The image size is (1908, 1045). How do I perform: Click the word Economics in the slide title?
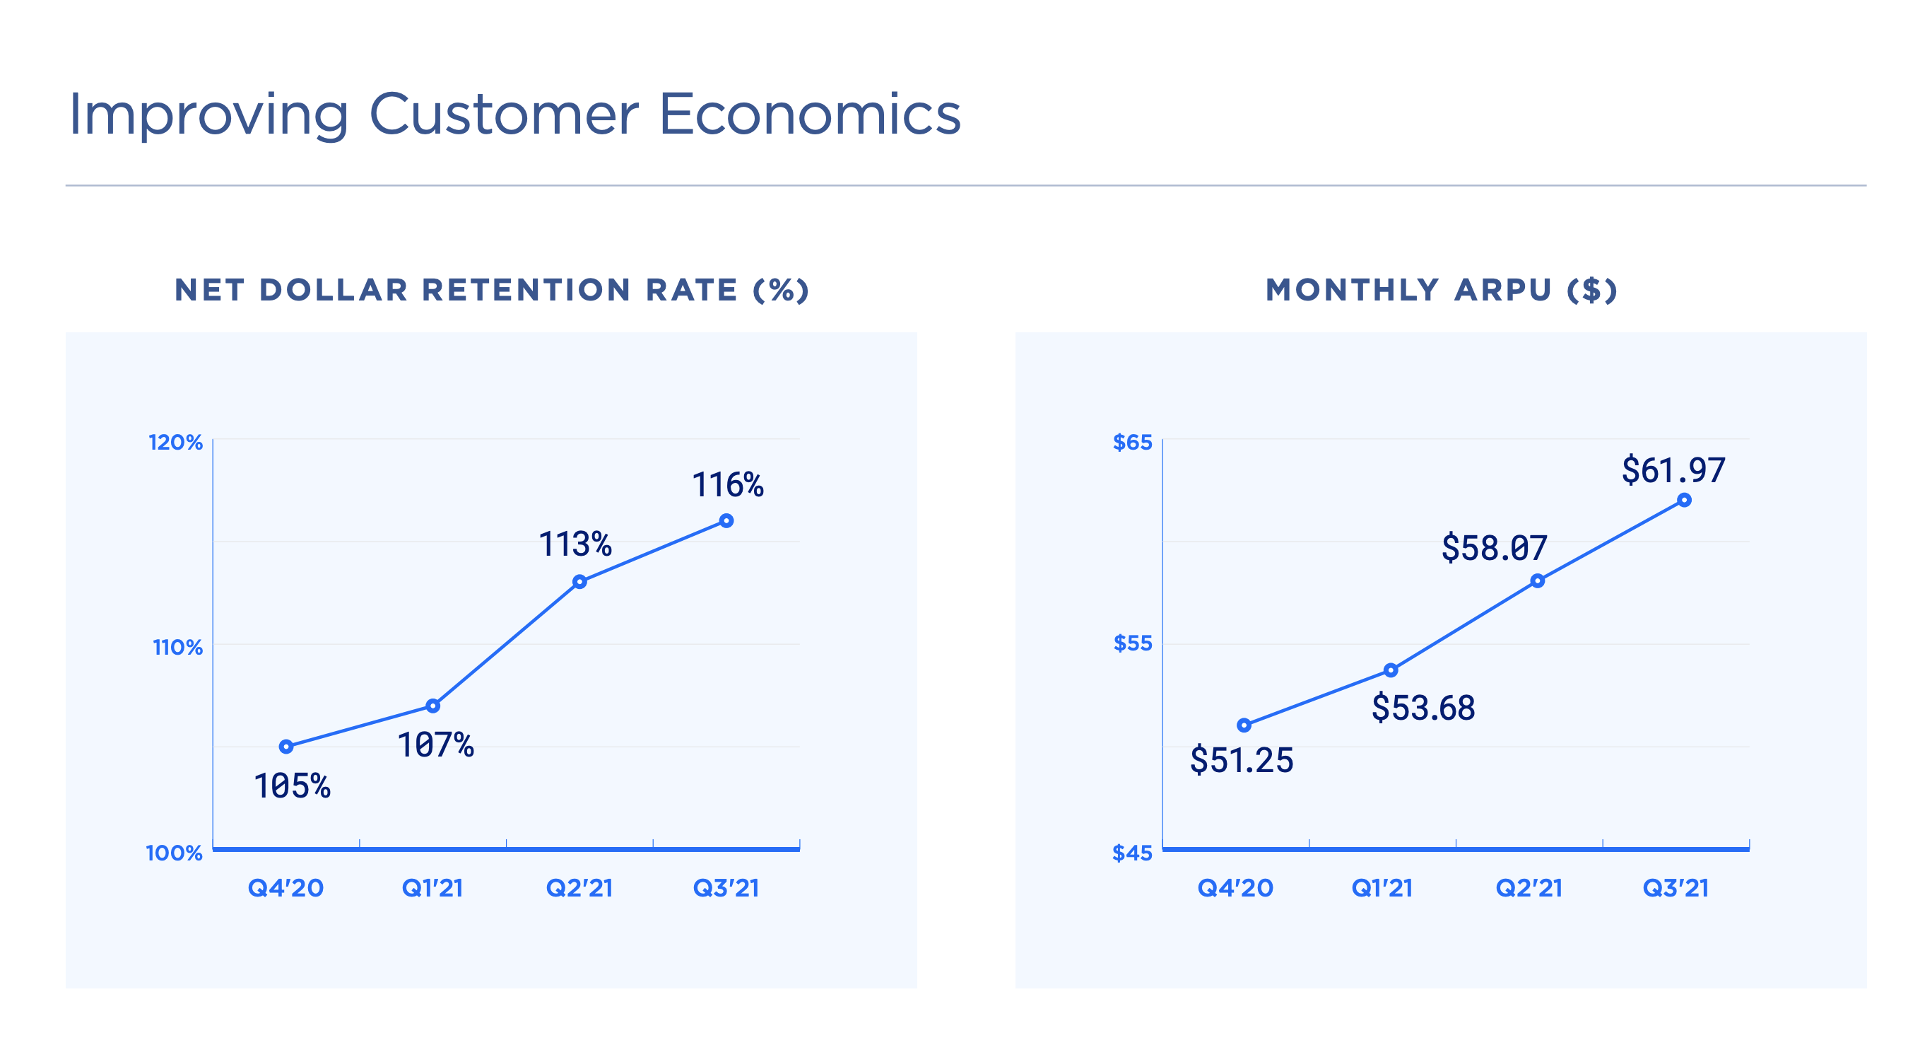[809, 115]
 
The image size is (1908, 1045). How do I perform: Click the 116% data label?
[727, 485]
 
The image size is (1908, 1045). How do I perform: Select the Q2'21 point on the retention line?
[579, 582]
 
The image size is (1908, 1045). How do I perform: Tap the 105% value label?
[292, 786]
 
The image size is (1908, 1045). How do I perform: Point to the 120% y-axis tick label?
[175, 443]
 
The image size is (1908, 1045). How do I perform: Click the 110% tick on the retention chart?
[178, 647]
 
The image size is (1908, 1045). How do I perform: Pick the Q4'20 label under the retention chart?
[285, 887]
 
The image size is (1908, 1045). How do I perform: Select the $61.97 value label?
[1673, 470]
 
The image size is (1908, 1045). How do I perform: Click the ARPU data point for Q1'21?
[1390, 670]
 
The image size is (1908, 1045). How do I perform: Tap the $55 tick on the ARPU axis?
[1133, 643]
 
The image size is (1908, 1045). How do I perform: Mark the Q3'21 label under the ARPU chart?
[1676, 887]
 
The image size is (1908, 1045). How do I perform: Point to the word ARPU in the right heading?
[1502, 290]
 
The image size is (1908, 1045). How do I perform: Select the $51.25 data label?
[1242, 759]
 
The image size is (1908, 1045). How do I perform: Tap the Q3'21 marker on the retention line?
[726, 521]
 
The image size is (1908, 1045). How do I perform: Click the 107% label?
[435, 745]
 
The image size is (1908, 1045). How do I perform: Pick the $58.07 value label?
[1494, 548]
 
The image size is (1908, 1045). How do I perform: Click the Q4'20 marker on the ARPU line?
[1244, 725]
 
